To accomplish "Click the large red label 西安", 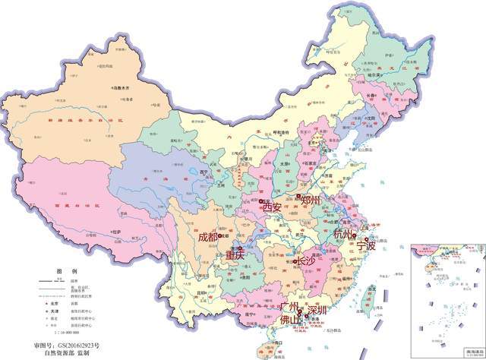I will coord(272,207).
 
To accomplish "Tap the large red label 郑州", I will coord(311,201).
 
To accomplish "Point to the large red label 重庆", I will coord(235,256).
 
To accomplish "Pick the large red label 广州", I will coord(291,308).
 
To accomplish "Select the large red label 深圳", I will coord(317,311).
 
